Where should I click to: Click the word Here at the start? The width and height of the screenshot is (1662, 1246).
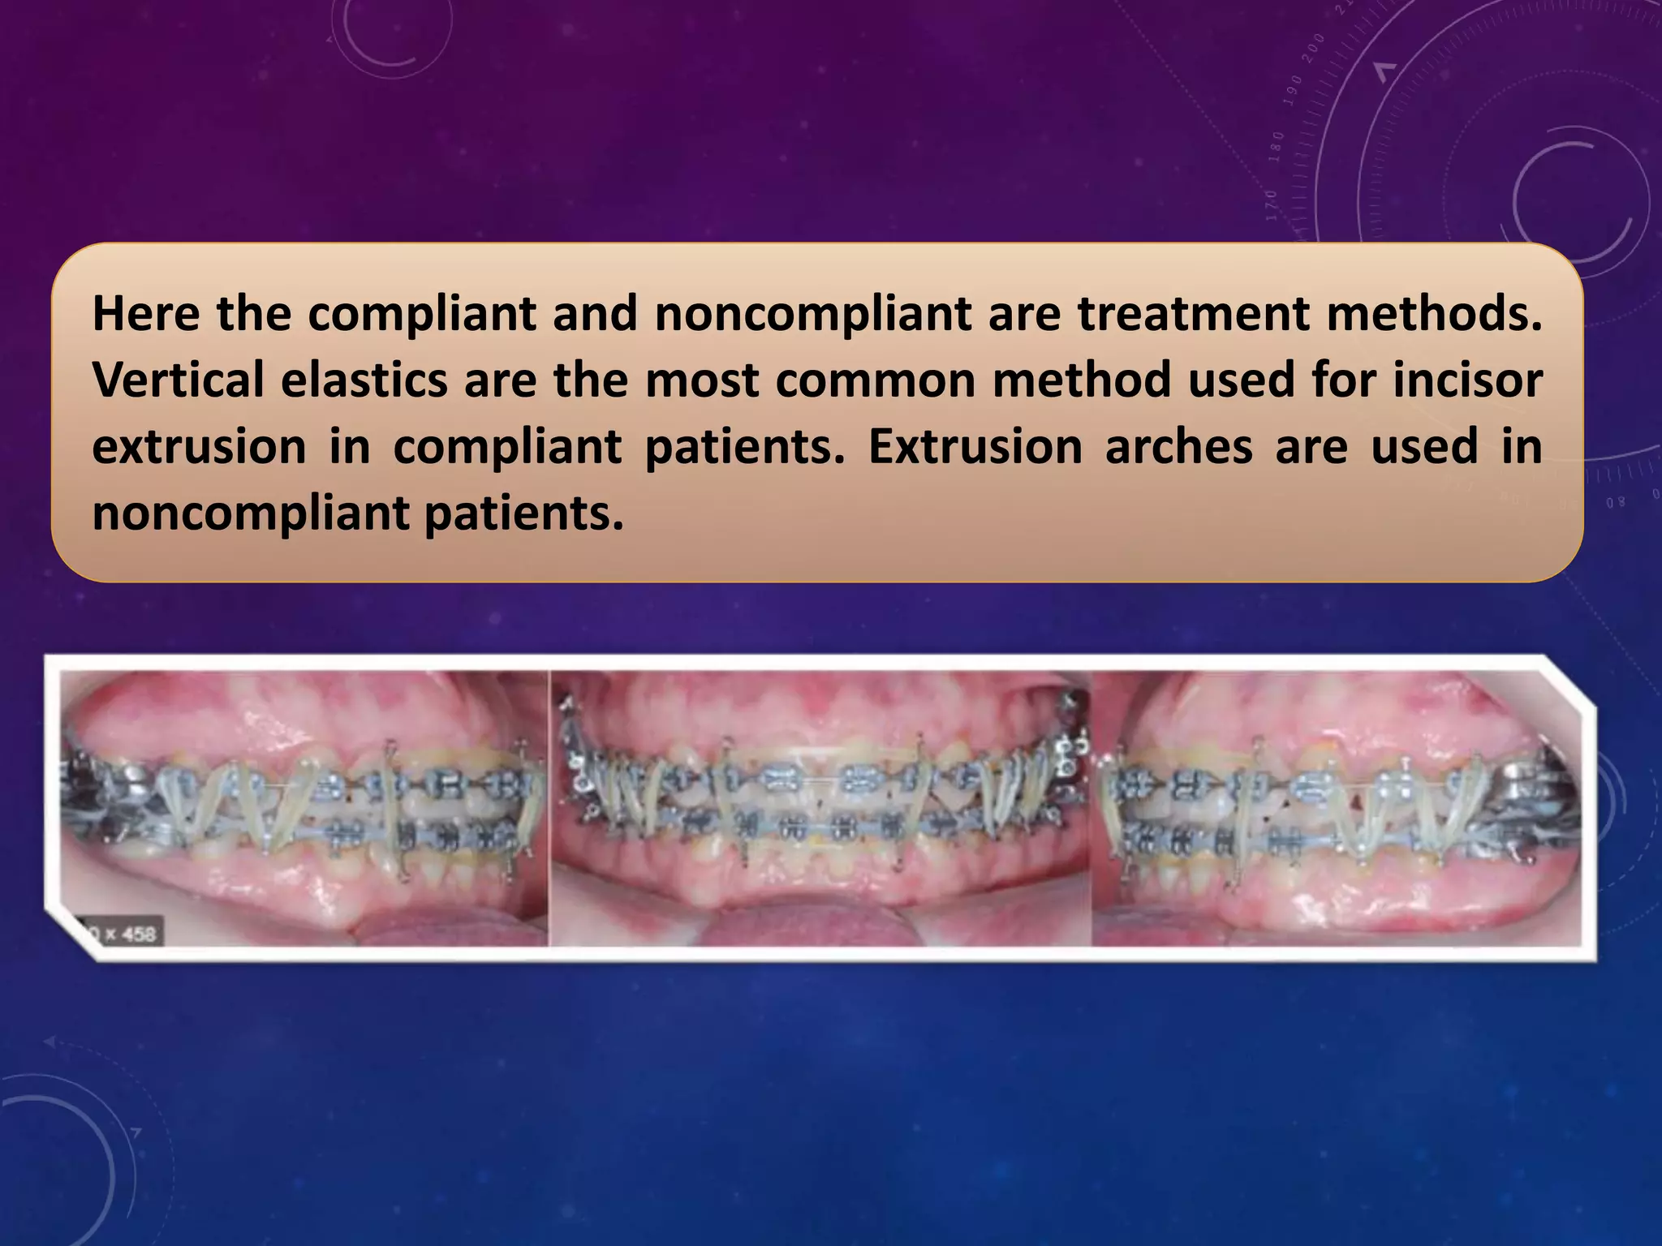146,314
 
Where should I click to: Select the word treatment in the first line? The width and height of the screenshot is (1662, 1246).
1193,314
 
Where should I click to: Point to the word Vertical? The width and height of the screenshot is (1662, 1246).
178,380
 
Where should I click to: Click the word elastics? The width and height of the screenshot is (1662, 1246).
364,380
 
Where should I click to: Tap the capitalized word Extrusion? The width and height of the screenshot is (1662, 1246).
975,447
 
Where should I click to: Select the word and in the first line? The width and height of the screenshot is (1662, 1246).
595,314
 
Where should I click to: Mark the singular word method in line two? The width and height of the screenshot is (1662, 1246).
1081,380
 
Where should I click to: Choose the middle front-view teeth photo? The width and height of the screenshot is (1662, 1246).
820,807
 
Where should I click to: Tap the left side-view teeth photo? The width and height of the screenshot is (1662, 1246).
304,807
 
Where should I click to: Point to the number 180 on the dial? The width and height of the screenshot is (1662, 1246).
1277,146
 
